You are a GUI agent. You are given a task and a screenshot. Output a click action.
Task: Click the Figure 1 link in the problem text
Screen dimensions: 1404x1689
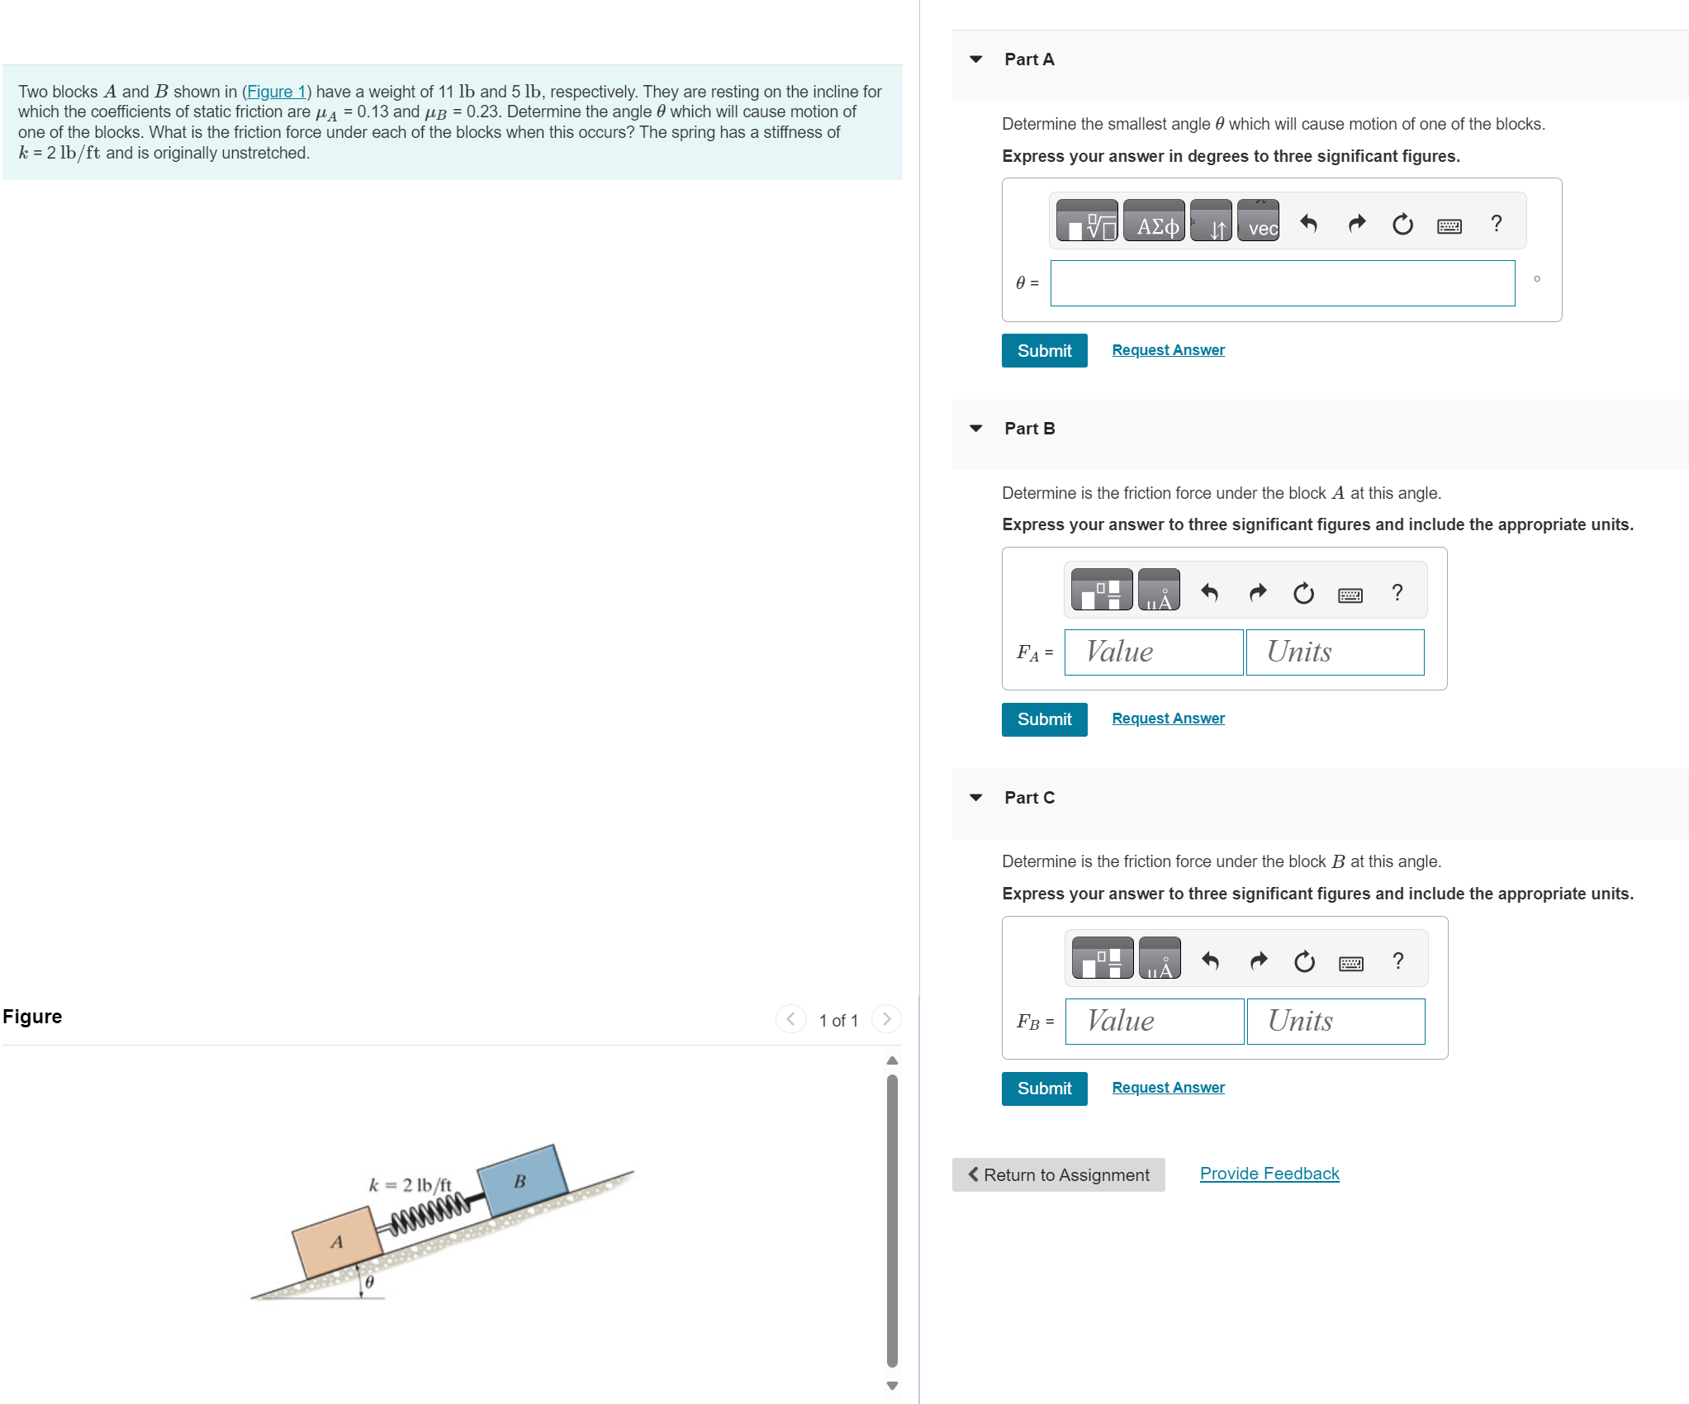276,92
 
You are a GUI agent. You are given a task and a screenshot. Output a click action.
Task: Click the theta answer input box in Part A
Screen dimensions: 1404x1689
1282,283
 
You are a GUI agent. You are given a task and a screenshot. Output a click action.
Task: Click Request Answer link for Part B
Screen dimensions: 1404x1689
1168,719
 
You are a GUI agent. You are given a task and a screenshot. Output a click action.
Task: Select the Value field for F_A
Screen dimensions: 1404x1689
1153,652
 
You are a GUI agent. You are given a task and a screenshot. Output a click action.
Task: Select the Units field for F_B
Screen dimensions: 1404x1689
1336,1022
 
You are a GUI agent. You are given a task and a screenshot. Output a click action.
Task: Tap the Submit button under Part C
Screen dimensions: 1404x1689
1044,1089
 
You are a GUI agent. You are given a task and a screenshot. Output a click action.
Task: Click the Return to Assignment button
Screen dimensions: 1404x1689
1058,1174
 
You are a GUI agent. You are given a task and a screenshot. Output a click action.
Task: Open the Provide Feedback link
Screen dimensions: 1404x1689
1269,1174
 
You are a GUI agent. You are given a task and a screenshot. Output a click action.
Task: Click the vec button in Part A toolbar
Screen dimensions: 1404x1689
1258,221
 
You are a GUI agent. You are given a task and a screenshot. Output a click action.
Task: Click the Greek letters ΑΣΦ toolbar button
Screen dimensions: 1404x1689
1154,221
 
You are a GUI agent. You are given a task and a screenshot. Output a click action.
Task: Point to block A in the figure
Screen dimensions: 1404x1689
335,1242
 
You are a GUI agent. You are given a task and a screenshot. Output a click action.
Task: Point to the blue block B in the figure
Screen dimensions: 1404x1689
522,1181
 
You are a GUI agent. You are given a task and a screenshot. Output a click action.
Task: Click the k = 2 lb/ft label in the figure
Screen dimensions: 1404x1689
410,1185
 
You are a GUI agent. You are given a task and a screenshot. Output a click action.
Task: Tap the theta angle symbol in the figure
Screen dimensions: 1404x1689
369,1282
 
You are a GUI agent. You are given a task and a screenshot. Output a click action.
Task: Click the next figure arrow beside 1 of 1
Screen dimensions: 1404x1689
886,1019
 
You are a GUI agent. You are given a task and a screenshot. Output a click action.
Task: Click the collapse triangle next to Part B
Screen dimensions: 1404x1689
975,429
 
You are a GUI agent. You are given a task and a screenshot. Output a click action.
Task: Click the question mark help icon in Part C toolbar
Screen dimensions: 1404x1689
1397,961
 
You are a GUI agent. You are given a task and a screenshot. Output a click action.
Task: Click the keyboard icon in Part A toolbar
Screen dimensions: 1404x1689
1449,225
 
